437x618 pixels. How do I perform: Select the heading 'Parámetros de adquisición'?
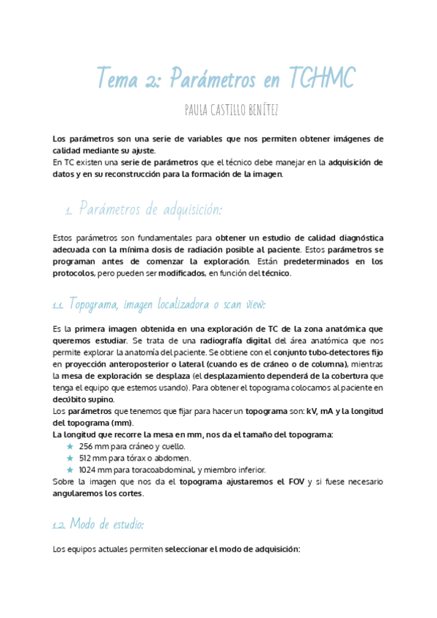pos(150,209)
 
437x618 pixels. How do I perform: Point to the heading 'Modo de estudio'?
pos(106,525)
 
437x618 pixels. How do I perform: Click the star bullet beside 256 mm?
pos(70,446)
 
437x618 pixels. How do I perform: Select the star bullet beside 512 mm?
pos(70,458)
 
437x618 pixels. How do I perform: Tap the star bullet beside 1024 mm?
pos(70,470)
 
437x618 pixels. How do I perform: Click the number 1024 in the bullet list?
pos(88,470)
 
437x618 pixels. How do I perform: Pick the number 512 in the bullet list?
pos(87,458)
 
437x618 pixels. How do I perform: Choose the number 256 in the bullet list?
pos(87,446)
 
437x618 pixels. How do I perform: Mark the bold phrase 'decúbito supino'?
pos(83,399)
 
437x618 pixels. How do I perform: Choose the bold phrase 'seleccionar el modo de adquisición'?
pos(232,549)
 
